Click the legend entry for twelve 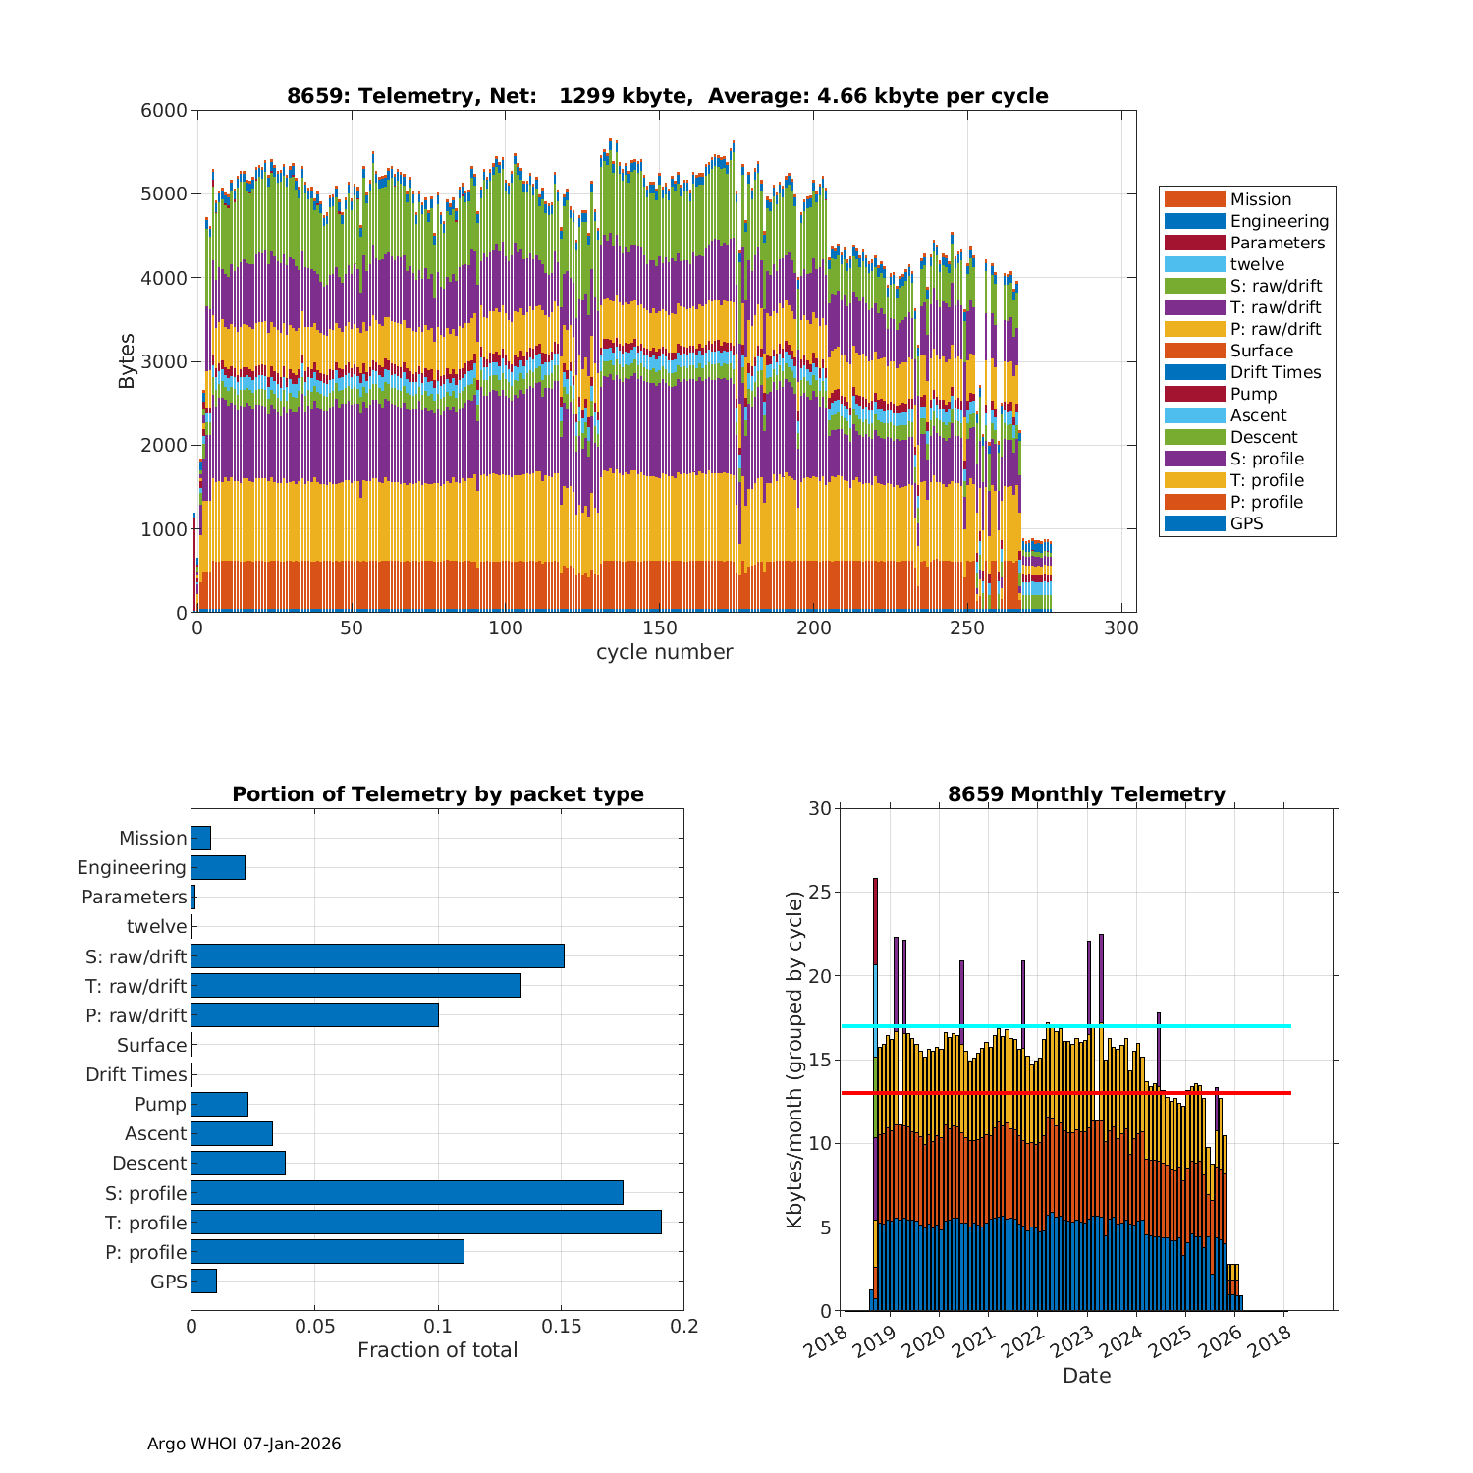[x=1257, y=264]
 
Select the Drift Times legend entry [x=1275, y=372]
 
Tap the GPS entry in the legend [x=1246, y=523]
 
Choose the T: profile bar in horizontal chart [x=425, y=1223]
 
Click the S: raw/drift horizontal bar [x=377, y=955]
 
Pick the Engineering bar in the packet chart [x=218, y=867]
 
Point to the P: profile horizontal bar [x=327, y=1252]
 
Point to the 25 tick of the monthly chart [x=820, y=893]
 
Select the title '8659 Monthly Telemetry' [x=1086, y=794]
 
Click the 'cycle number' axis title [x=664, y=652]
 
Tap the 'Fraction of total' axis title [x=437, y=1350]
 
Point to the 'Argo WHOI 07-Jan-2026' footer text [x=244, y=1444]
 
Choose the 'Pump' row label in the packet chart [x=160, y=1104]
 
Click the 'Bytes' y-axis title [x=127, y=361]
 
